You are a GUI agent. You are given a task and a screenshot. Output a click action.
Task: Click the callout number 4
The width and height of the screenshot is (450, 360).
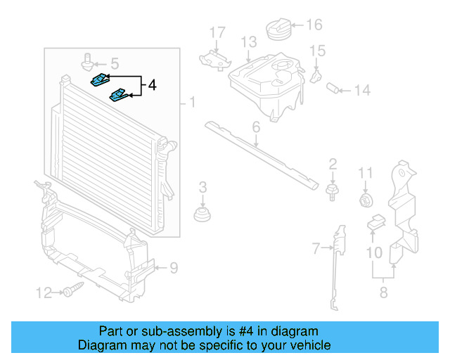(152, 86)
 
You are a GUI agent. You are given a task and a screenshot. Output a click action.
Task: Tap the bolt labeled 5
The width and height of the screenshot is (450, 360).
(88, 61)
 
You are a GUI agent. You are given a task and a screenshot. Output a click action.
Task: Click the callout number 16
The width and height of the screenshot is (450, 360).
(314, 25)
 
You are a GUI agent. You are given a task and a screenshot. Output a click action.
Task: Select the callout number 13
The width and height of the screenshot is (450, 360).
(248, 43)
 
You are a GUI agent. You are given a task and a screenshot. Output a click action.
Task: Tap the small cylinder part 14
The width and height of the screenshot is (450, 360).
(335, 89)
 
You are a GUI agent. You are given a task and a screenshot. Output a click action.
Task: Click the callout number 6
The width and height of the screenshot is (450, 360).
(256, 127)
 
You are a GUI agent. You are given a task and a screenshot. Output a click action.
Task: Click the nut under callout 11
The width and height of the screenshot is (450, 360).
(366, 200)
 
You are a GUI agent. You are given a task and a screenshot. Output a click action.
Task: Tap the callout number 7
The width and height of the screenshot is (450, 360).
(316, 247)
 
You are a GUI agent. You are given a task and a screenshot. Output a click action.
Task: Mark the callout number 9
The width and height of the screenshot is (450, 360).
(174, 267)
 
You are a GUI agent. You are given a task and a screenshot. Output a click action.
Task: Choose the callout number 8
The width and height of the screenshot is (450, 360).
(383, 292)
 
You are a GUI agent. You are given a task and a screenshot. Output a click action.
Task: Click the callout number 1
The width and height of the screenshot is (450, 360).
(191, 103)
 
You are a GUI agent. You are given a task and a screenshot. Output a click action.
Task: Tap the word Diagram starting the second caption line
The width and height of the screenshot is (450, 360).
(100, 345)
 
